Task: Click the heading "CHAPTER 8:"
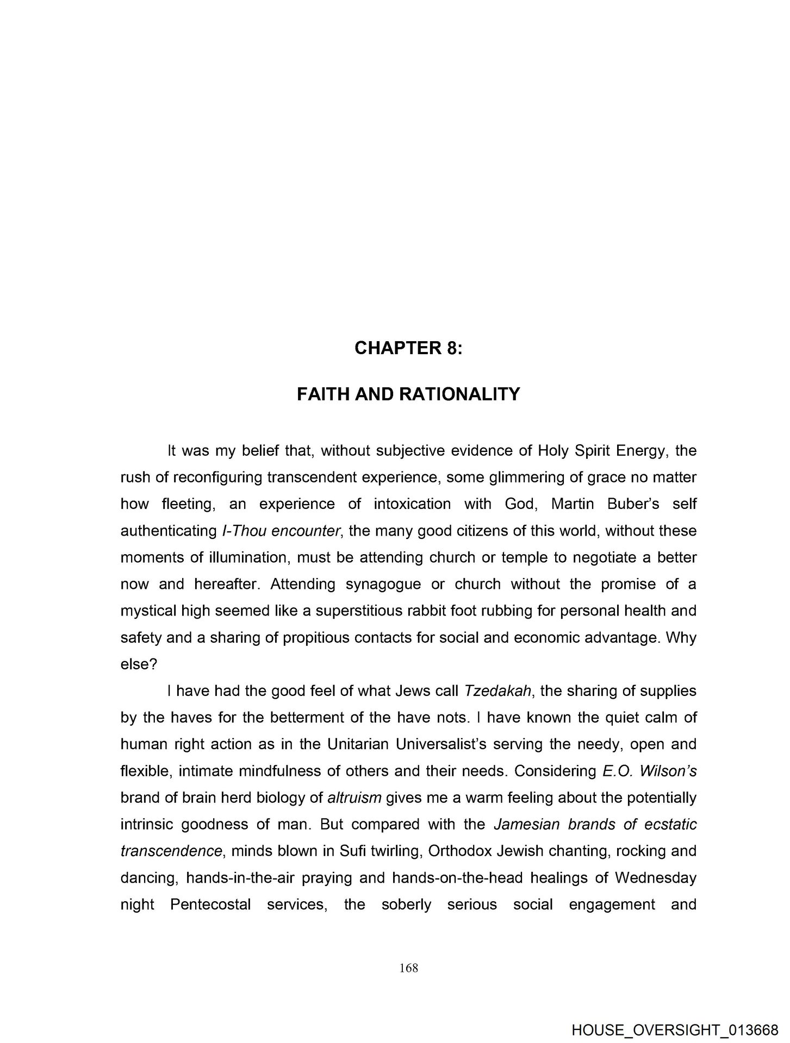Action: point(408,348)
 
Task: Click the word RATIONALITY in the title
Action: point(460,394)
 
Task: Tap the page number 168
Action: point(408,967)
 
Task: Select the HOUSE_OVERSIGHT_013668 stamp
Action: point(675,1029)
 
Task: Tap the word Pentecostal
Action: point(210,904)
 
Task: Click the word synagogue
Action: point(376,584)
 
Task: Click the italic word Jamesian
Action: point(526,825)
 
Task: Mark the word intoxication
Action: point(412,504)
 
